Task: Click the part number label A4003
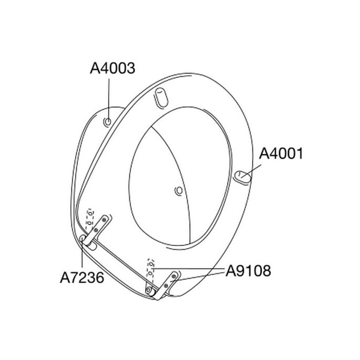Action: [113, 68]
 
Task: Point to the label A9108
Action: [249, 271]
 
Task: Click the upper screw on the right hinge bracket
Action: [174, 275]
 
